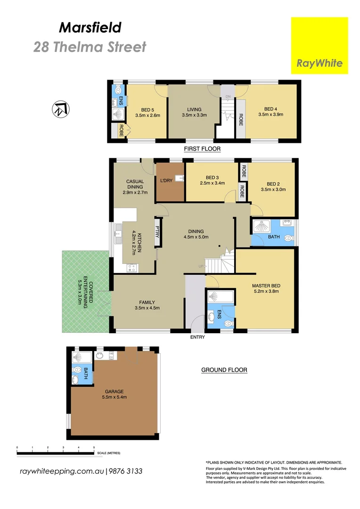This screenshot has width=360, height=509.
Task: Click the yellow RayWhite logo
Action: (x=319, y=46)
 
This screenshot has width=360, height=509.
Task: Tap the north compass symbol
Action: (x=60, y=110)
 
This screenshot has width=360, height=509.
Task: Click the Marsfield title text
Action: (x=90, y=28)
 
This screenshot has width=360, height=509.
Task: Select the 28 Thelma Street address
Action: (x=90, y=47)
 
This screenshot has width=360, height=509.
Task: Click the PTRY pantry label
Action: (x=158, y=232)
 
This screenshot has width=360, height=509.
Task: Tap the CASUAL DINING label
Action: (x=135, y=184)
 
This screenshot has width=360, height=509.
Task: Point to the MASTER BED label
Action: (x=265, y=286)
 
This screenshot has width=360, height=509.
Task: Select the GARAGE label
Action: (x=114, y=391)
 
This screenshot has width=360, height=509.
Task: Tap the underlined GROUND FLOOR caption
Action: (x=224, y=370)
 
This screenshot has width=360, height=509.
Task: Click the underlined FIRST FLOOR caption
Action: (x=202, y=149)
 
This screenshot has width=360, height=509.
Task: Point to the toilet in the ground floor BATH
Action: (x=289, y=239)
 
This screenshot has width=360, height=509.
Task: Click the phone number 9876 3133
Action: (x=126, y=471)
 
